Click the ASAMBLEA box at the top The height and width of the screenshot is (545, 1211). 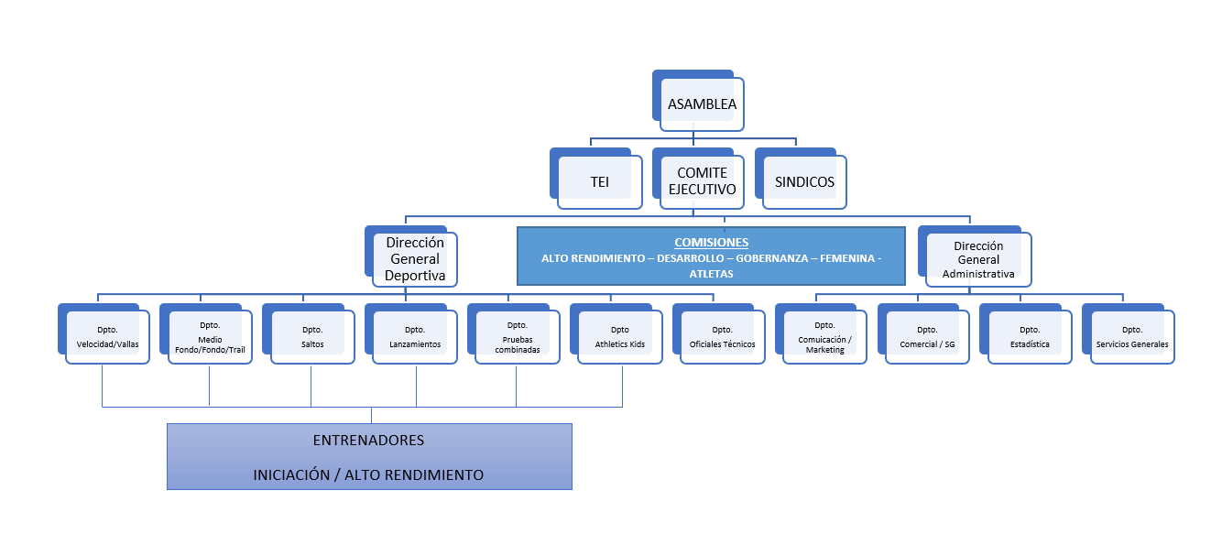(x=702, y=104)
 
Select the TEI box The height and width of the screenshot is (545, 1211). (x=599, y=182)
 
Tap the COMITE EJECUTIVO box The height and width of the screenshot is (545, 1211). (x=702, y=181)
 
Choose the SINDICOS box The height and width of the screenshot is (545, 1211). (x=804, y=182)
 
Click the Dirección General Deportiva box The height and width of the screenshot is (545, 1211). (x=415, y=259)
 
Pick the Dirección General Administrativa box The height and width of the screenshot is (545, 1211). (x=978, y=259)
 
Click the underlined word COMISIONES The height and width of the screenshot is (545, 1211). (x=711, y=243)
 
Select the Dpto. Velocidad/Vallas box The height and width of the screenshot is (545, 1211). (x=108, y=337)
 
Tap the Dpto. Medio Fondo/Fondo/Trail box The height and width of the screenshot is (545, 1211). (x=210, y=337)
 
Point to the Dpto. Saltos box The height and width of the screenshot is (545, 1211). (x=312, y=337)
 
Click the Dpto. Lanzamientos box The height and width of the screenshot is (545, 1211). (x=415, y=337)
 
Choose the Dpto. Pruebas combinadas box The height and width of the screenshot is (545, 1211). (x=518, y=337)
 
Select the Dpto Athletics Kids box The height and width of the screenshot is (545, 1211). (x=620, y=337)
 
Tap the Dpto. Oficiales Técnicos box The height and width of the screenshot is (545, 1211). (x=723, y=337)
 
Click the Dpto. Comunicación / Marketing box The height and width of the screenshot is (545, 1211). (x=825, y=337)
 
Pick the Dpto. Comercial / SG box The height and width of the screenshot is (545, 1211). (x=928, y=337)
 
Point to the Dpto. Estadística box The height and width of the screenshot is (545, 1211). (x=1030, y=337)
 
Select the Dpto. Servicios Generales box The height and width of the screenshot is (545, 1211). (x=1132, y=337)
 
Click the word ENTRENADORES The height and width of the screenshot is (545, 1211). (x=368, y=440)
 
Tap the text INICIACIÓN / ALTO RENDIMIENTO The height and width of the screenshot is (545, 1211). (x=368, y=474)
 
